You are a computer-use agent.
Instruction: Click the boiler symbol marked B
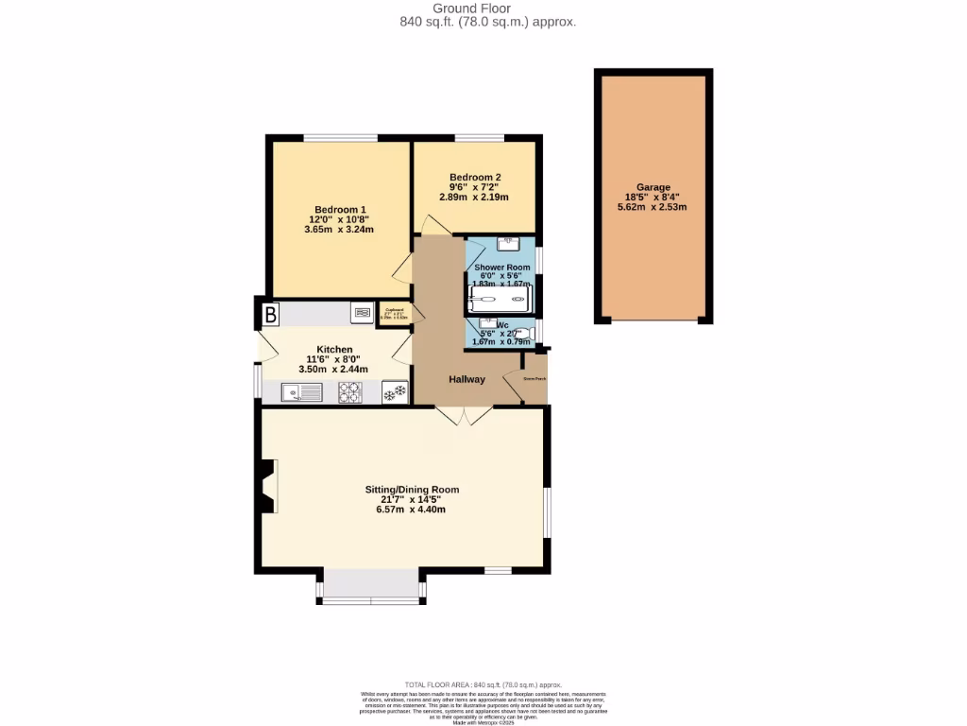[x=270, y=313]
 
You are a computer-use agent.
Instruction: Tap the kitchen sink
[x=302, y=392]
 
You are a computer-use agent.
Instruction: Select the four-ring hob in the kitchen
[x=350, y=392]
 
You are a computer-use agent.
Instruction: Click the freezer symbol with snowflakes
[x=395, y=392]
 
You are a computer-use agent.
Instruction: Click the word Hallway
[x=467, y=379]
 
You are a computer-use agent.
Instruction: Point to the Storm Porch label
[x=534, y=379]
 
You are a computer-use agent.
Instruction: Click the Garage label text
[x=652, y=188]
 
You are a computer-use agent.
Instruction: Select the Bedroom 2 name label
[x=475, y=177]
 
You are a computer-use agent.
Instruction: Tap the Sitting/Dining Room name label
[x=412, y=490]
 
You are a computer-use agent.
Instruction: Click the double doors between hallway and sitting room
[x=464, y=415]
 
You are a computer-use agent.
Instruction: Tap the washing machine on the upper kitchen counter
[x=362, y=312]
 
